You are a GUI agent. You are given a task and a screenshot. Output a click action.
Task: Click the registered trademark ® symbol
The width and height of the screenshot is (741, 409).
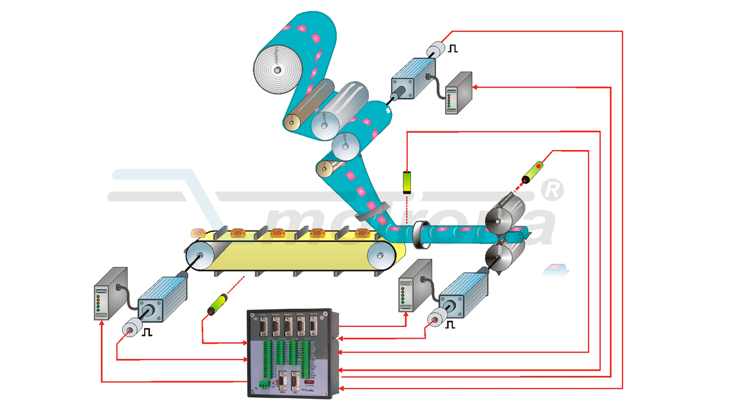pos(554,190)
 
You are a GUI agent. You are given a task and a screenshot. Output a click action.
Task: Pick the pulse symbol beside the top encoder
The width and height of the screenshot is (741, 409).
pos(452,49)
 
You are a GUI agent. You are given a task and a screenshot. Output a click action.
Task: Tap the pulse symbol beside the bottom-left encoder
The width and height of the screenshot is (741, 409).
pos(147,331)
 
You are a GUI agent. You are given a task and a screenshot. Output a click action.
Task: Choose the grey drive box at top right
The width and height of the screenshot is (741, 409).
pos(459,93)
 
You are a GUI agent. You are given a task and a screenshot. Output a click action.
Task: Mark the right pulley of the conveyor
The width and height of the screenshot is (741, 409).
pos(380,257)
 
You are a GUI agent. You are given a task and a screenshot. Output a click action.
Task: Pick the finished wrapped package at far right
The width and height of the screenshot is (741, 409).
pos(556,270)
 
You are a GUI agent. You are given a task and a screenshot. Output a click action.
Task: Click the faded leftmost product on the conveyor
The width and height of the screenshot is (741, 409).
pos(197,233)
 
